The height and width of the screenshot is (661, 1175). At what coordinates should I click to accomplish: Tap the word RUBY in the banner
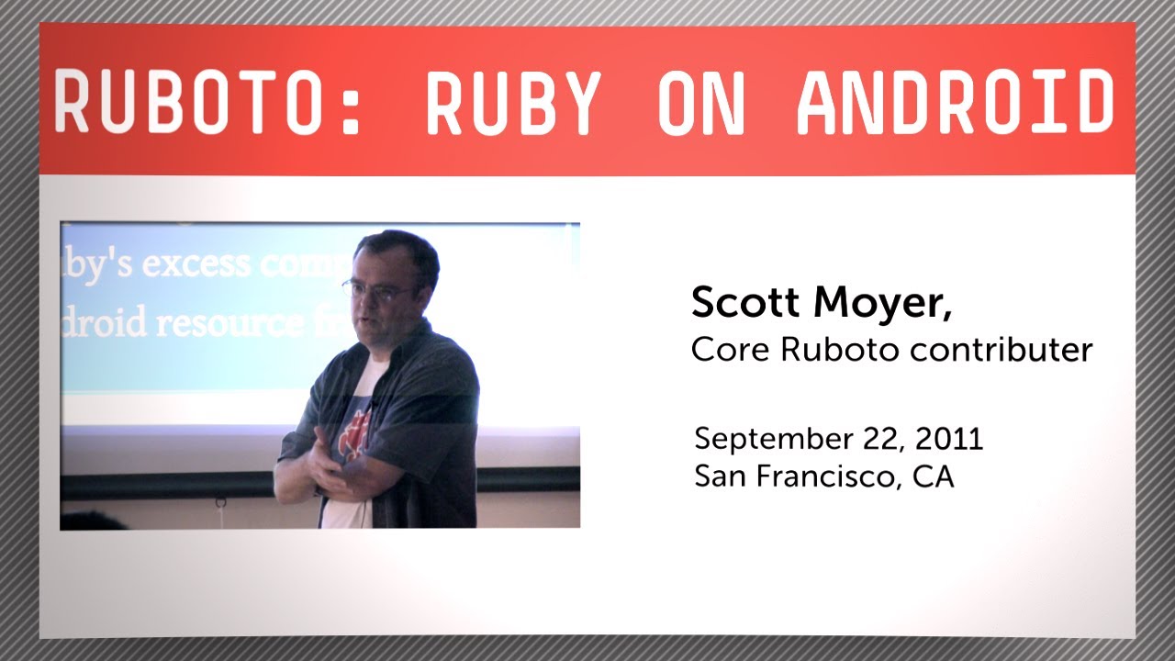[513, 100]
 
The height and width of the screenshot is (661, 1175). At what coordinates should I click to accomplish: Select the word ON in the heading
[702, 100]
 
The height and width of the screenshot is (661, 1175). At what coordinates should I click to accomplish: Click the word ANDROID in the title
[956, 100]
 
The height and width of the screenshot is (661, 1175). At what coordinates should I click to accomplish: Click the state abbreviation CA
[934, 476]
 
